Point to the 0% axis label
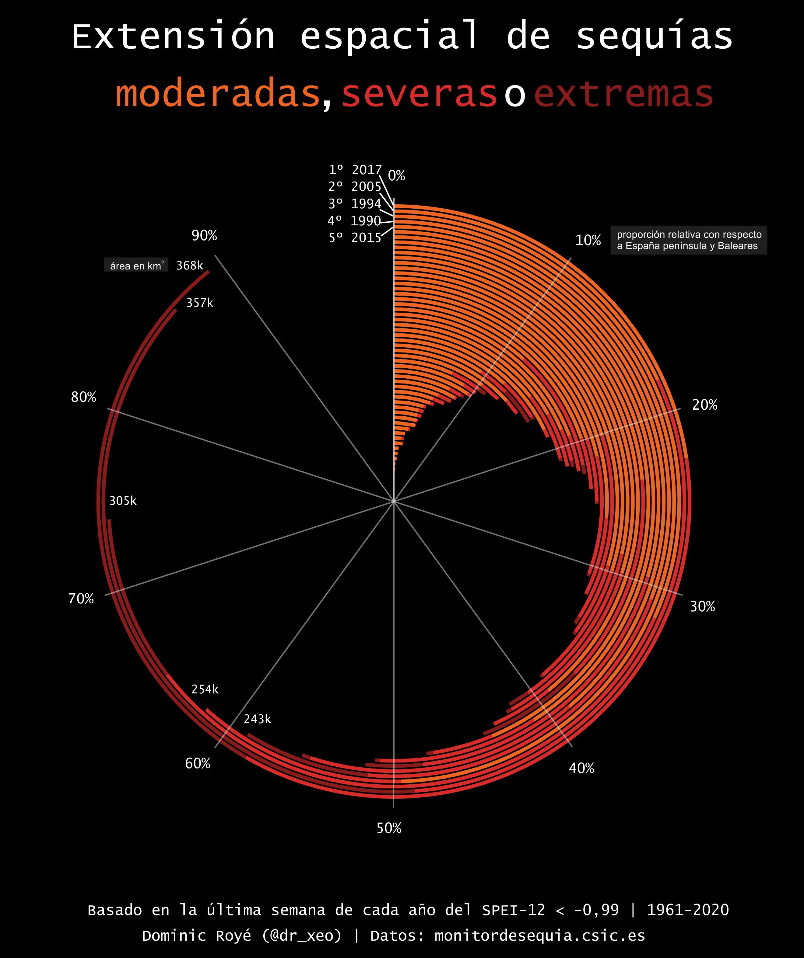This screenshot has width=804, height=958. click(396, 176)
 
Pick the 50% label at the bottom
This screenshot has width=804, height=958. click(389, 828)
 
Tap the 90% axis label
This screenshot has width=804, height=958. click(204, 235)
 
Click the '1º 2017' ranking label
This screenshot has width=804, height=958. click(355, 170)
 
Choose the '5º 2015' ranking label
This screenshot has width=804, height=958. click(355, 238)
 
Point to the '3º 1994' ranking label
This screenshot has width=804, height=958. click(355, 203)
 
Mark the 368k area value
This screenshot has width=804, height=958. click(189, 266)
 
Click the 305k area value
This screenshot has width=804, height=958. click(123, 501)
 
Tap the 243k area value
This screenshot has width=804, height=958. click(257, 720)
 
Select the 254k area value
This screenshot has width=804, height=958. click(205, 689)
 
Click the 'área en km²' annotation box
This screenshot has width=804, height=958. click(136, 266)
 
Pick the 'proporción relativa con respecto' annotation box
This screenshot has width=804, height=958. click(689, 240)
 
